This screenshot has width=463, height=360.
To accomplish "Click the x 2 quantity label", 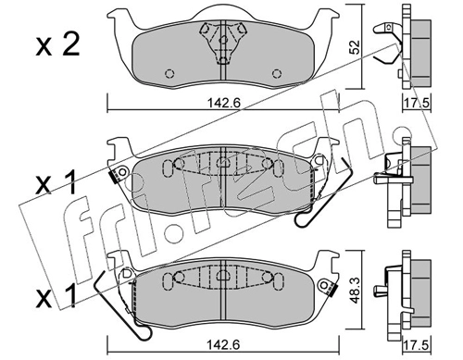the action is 57,44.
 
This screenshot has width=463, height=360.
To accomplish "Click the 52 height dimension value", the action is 356,47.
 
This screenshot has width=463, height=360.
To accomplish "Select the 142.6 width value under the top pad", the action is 223,103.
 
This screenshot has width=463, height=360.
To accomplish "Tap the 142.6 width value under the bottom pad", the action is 223,344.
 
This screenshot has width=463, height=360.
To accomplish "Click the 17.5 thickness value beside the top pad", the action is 417,103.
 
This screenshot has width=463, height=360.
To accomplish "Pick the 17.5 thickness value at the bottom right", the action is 417,345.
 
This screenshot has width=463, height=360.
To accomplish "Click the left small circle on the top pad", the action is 169,74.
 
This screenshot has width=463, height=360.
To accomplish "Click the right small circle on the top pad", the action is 277,74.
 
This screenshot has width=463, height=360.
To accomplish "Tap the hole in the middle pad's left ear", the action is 123,172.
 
